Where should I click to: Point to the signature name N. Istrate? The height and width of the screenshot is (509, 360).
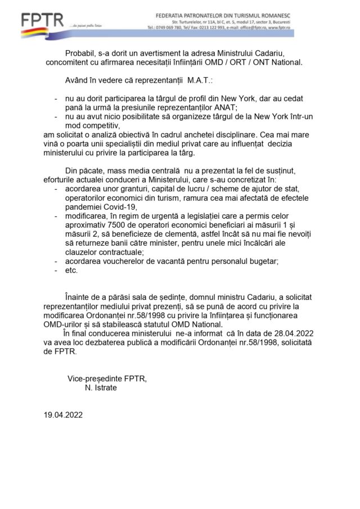(x=101, y=388)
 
